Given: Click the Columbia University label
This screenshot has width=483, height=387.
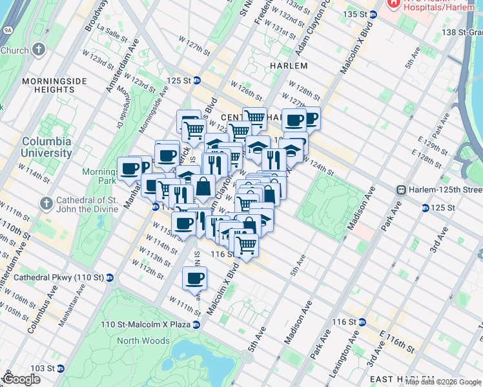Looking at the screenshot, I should (47, 147).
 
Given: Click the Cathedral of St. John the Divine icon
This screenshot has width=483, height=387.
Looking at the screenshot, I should (45, 204).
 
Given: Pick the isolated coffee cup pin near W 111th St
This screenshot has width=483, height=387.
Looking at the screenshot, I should (194, 279).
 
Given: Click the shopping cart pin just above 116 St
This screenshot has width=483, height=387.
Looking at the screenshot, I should (245, 245).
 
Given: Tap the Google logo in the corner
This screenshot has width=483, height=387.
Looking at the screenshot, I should (21, 379).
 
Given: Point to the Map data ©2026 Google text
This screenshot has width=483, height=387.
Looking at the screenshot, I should (443, 382).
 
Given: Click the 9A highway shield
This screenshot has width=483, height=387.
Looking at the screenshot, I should (7, 30).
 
